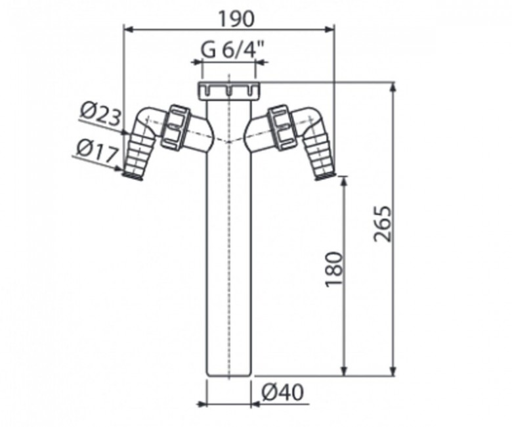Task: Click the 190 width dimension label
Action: (236, 19)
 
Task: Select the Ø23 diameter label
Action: (100, 115)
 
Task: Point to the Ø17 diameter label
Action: (96, 152)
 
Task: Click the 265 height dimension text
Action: (382, 223)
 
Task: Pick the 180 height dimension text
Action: (335, 269)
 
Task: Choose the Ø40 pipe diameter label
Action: (282, 392)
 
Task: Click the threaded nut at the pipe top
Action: (228, 91)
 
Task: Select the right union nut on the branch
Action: (282, 127)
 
